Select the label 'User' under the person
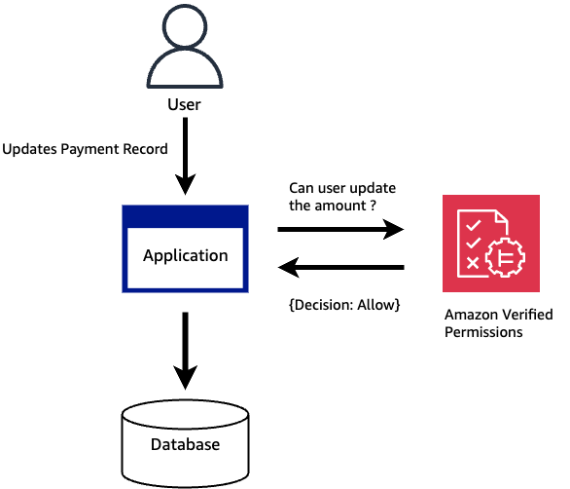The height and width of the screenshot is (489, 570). coord(185,102)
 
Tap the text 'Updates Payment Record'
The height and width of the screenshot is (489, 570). coord(85,150)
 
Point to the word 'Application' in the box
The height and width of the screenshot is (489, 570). coord(185,256)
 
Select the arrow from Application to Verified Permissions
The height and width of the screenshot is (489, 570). coord(340,230)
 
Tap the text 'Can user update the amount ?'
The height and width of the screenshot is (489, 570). coord(342,197)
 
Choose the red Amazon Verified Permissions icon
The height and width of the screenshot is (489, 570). coord(491,243)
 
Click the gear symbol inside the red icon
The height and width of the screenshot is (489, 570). coord(505,258)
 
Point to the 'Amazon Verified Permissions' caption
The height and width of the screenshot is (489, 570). coord(498,323)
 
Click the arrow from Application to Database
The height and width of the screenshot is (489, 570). coord(185,351)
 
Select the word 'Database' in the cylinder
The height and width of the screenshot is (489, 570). coord(185,445)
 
